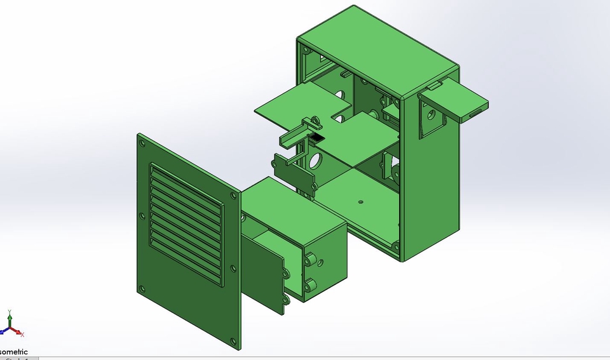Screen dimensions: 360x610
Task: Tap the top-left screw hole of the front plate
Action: pos(142,143)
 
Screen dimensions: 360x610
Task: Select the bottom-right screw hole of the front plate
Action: pos(234,340)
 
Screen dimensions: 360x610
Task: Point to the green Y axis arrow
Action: pos(10,316)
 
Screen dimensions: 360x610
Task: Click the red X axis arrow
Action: pos(21,333)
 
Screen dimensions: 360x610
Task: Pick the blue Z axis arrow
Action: pos(3,331)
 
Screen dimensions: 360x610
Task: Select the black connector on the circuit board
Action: pos(316,137)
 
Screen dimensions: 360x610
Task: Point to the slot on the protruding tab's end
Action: pos(475,112)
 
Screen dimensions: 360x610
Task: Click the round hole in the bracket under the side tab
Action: pos(431,116)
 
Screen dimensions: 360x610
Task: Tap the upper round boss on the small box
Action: pos(312,259)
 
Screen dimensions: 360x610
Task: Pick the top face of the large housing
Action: pos(377,48)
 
